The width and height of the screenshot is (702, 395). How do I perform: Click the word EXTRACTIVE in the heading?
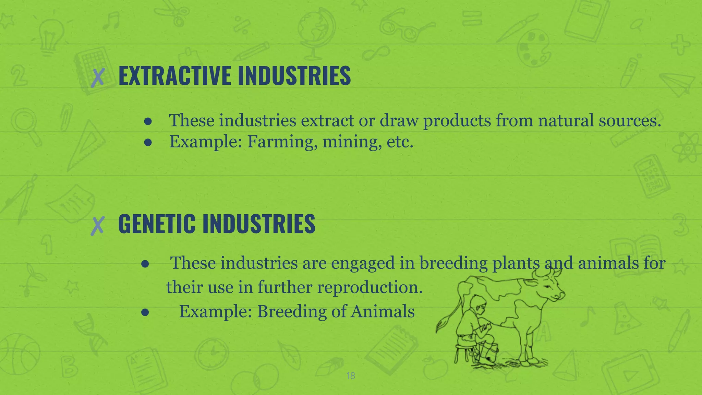pos(174,76)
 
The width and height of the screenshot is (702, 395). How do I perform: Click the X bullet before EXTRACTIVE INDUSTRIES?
pos(98,77)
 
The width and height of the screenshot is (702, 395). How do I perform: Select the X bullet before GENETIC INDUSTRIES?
pos(98,226)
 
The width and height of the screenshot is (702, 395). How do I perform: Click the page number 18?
pos(351,376)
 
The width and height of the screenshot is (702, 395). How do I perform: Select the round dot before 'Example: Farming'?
pos(148,142)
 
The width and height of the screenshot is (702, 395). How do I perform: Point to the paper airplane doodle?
pos(677,84)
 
